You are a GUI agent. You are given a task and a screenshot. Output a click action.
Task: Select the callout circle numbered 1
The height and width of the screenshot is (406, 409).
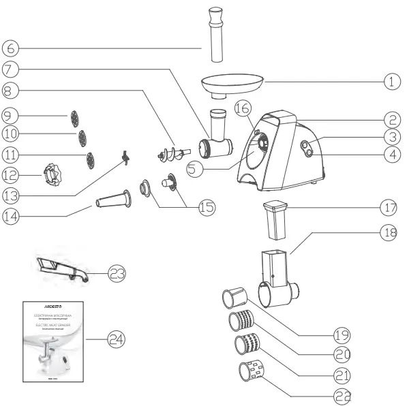[390, 82]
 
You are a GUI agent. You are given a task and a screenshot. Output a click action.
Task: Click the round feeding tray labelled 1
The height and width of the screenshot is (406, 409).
[231, 84]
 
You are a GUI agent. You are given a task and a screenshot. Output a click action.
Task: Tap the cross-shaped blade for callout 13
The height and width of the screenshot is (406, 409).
[124, 159]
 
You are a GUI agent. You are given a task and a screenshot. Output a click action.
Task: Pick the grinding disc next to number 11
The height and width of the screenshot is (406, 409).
[89, 161]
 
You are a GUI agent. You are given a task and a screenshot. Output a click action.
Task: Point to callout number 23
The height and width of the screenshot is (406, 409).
[117, 273]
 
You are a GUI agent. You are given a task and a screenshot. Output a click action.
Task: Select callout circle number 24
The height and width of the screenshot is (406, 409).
[117, 339]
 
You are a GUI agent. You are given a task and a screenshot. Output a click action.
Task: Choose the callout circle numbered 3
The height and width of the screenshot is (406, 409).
[390, 136]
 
